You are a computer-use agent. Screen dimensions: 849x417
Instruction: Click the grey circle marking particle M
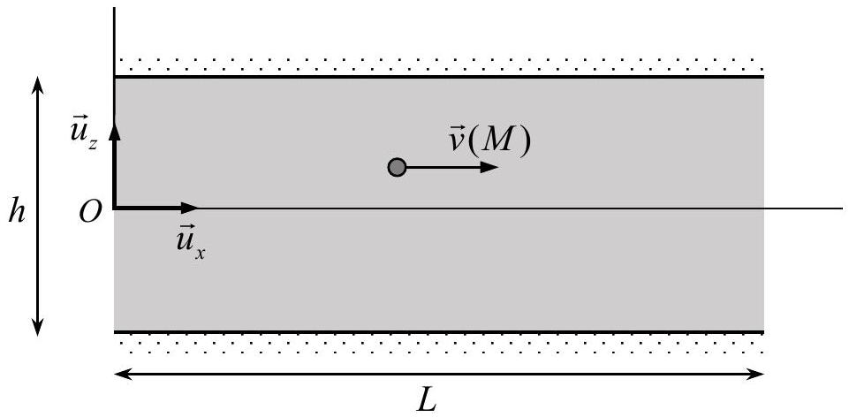(397, 167)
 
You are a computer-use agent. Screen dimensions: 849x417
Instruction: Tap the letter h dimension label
(17, 213)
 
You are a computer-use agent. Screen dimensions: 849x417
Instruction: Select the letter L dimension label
(428, 401)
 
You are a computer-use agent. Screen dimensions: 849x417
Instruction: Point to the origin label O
(90, 214)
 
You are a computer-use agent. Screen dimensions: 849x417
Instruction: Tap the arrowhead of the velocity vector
(489, 167)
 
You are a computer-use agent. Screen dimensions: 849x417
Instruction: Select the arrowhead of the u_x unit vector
(190, 208)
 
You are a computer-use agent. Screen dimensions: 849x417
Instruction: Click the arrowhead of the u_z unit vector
(114, 131)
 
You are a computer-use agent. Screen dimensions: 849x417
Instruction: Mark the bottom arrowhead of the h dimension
(37, 327)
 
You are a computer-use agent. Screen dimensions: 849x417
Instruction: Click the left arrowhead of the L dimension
(124, 375)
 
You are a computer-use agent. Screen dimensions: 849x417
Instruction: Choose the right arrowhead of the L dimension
(754, 375)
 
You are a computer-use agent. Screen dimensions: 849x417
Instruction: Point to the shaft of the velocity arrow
(443, 167)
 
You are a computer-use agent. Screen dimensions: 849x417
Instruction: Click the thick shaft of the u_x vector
(148, 208)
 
